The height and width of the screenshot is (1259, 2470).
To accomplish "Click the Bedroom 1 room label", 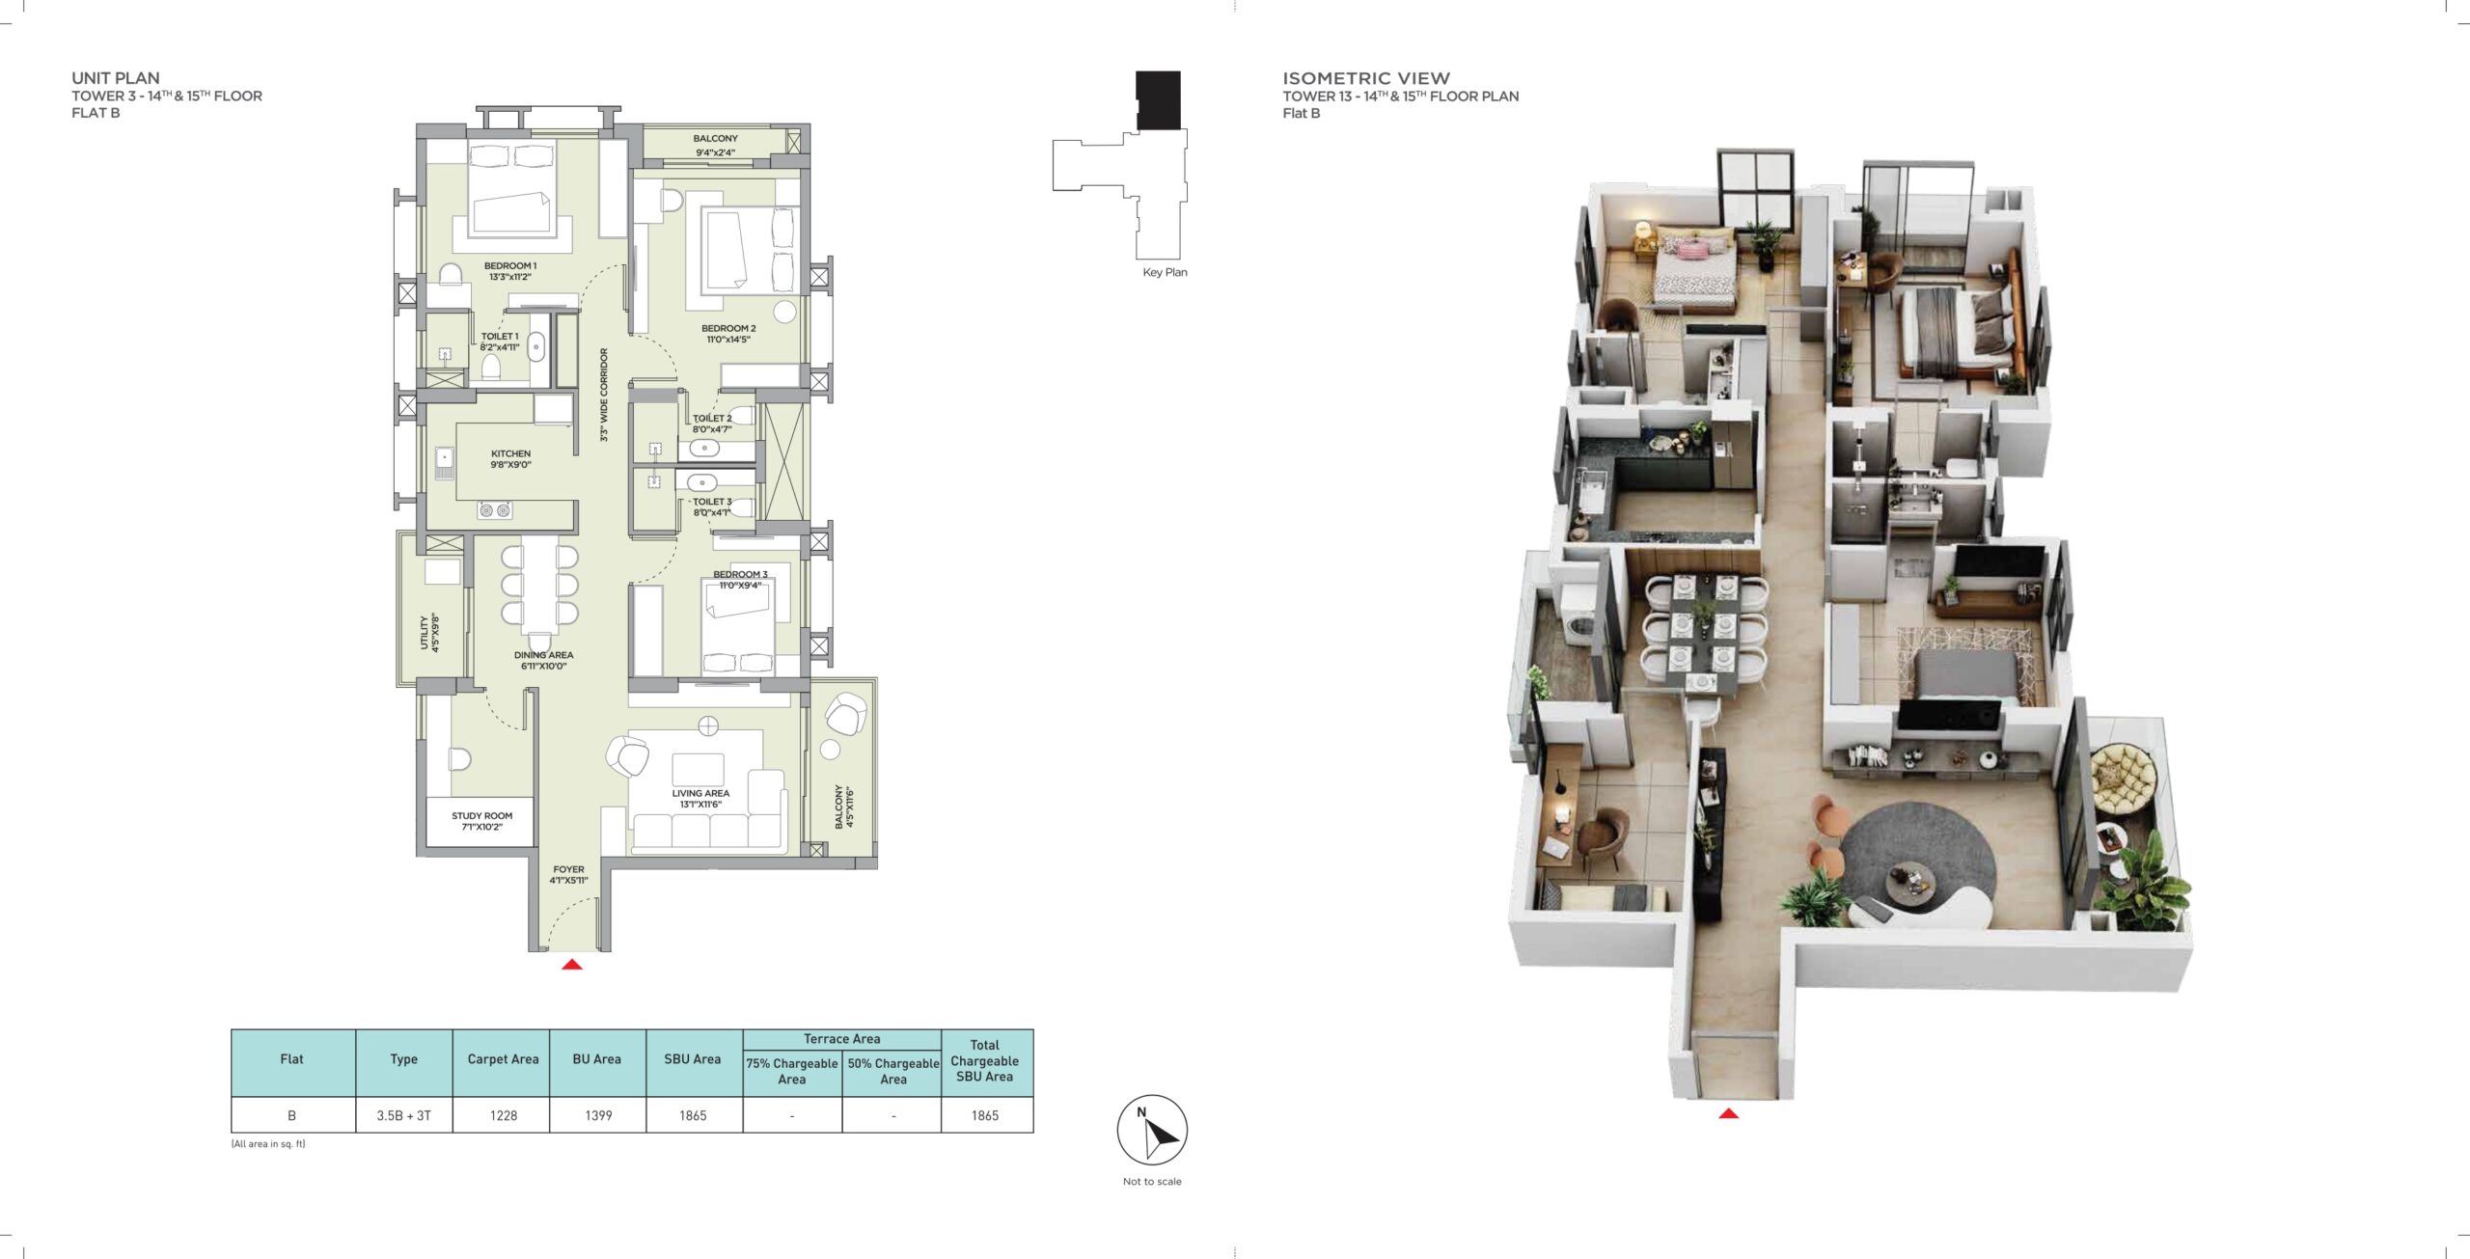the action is point(510,271).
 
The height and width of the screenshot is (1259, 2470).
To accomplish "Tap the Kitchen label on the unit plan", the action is point(510,459).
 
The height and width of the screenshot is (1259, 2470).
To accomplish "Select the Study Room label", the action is point(481,821).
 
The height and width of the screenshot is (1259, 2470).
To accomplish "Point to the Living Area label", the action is point(700,799).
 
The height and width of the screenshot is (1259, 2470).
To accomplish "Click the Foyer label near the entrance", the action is point(568,875).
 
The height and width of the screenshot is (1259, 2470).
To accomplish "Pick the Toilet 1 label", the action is point(500,342).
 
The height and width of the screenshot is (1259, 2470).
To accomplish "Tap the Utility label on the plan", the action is point(429,632).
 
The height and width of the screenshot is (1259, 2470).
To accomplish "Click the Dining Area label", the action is point(543,661).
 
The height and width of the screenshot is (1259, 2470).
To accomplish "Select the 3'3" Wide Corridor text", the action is point(604,395).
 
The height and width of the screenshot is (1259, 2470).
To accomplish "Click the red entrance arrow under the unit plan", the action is point(572,964).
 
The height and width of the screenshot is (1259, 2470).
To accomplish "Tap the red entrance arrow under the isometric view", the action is point(1728,1113).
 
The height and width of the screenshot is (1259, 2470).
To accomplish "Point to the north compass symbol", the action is point(1152,1130).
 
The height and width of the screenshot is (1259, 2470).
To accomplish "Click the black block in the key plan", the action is point(1158,100).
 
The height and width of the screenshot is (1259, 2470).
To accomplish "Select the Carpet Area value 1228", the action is point(503,1115).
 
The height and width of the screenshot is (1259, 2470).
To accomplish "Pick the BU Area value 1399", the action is point(598,1115).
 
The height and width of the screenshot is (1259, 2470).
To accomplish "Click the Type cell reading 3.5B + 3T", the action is point(403,1115).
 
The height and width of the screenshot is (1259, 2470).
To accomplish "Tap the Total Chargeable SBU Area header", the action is point(985,1060).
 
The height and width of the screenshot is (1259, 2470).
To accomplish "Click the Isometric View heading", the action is point(1366,78).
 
